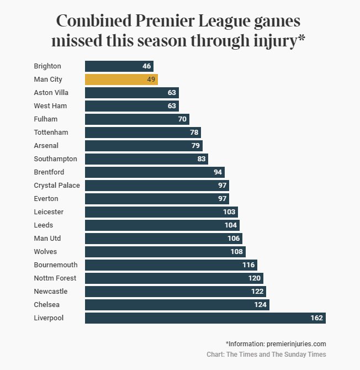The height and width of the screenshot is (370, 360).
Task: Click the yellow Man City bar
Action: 121,79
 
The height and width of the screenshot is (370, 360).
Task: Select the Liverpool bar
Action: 205,318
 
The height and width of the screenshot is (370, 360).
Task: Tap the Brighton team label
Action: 47,66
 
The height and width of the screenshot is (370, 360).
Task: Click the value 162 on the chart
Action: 316,318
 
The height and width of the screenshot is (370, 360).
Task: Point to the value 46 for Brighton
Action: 146,66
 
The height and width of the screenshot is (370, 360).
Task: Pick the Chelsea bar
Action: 177,304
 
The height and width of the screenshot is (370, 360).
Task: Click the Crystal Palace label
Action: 57,185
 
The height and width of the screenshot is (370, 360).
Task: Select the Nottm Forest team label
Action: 55,278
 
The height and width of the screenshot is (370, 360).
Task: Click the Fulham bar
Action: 136,119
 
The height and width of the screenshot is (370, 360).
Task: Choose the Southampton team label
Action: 55,158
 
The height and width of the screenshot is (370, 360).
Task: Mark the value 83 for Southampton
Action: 200,158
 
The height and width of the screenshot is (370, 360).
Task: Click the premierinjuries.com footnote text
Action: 276,343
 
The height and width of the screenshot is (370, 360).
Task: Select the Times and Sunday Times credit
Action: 276,355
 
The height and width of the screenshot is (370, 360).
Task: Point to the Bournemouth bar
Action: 171,265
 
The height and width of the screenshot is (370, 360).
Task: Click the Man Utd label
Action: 47,238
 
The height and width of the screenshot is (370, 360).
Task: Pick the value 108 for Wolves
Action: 237,251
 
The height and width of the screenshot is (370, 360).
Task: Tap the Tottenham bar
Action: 142,132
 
